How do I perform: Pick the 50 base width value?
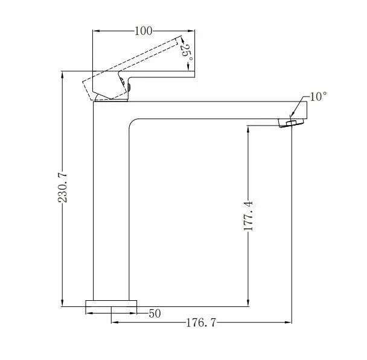[155, 313]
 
